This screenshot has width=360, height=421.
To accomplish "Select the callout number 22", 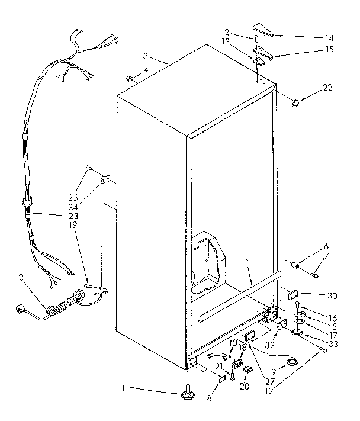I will (327, 87).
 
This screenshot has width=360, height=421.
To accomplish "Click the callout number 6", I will (325, 246).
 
